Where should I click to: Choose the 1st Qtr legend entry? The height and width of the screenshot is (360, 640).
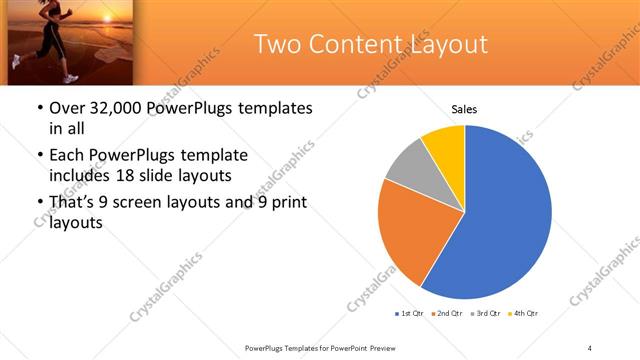point(410,314)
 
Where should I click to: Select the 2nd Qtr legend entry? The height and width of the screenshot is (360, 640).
point(448,314)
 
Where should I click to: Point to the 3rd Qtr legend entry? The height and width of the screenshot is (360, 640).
point(486,314)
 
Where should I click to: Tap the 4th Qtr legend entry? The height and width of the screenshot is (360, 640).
point(524,314)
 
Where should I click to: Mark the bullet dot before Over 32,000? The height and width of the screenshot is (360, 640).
point(39,108)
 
